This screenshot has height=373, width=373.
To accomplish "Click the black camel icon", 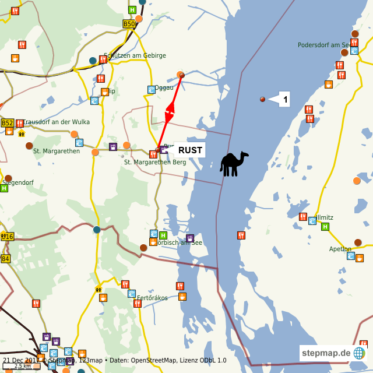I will coord(234,164).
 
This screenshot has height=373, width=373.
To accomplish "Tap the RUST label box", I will coord(190,150).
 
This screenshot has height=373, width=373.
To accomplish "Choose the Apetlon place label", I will coord(340,249).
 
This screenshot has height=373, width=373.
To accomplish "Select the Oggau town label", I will coord(164,87).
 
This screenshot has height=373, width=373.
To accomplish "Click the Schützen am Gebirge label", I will coord(135,55).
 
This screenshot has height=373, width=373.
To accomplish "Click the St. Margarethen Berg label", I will coord(155,162).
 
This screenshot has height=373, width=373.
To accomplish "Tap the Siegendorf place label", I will coord(17,182).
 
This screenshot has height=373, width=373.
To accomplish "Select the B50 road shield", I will coord(129,24).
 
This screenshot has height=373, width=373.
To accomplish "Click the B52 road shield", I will coord(7,123).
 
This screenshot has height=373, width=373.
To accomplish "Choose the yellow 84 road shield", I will coord(5,259).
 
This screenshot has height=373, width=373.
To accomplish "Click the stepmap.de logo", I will coord(333,353).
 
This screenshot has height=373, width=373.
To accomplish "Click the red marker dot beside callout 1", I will coord(262,100).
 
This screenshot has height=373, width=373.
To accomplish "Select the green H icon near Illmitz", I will coord(325,227).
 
